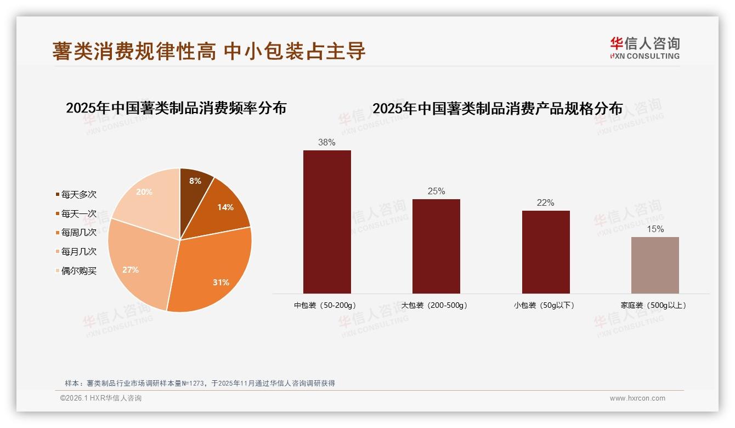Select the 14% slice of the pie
[222, 209]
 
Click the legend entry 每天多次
[78, 195]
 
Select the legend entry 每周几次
[78, 233]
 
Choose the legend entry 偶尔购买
[78, 271]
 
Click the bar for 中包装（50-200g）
[327, 222]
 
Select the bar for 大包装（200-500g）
[436, 246]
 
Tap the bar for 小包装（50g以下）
[546, 252]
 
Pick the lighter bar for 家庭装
[655, 265]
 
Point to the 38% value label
[327, 143]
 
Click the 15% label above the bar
[655, 229]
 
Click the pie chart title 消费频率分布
[176, 108]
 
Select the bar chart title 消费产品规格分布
[497, 109]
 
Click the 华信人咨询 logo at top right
[644, 48]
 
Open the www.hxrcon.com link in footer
[637, 398]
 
